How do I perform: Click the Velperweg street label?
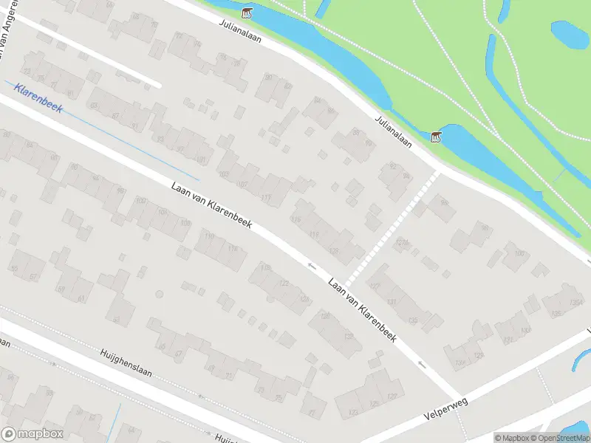447,405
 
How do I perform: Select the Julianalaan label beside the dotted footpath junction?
392,131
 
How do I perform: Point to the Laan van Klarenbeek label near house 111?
211,205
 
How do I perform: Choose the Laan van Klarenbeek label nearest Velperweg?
362,309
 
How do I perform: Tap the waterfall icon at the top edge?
247,13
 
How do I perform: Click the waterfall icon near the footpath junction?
436,137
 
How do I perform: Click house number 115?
314,235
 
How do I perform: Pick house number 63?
116,320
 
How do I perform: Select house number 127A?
402,243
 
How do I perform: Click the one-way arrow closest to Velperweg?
422,364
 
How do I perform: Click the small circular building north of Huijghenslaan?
159,295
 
